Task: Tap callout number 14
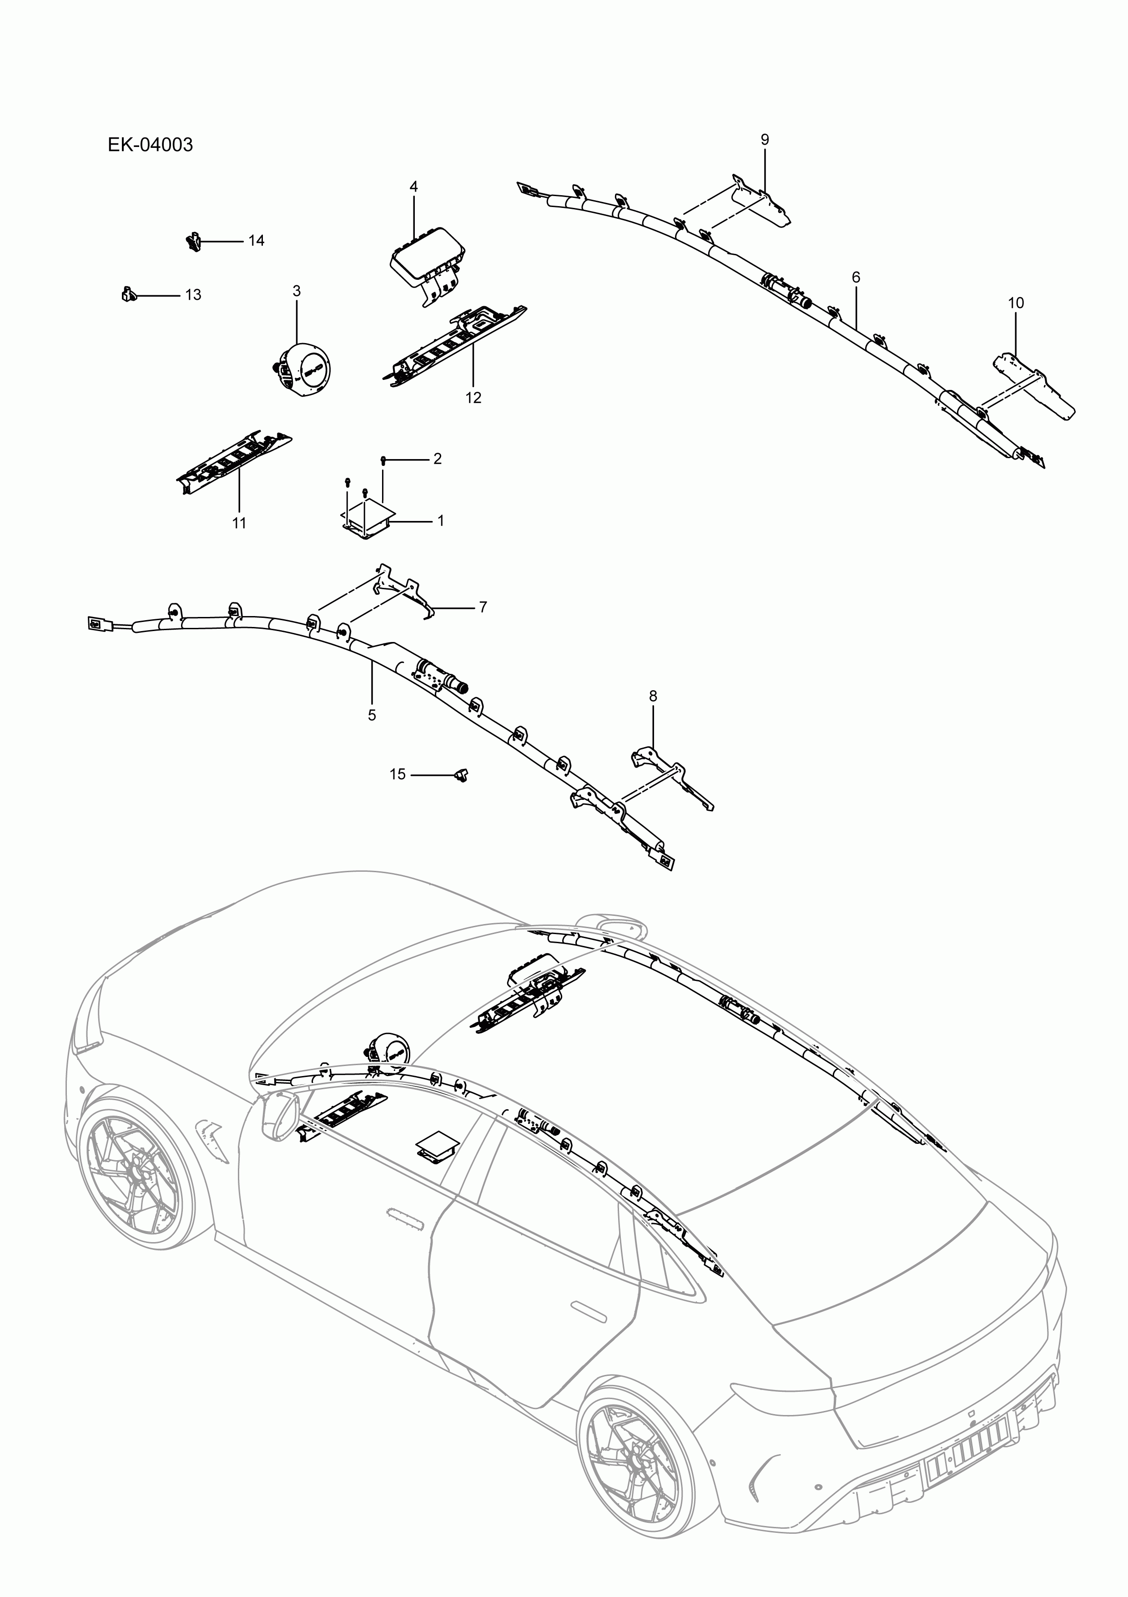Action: coord(257,241)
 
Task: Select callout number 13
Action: coord(193,295)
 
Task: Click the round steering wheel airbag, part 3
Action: coord(304,369)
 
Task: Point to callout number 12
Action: coord(473,398)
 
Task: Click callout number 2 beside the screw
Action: coord(438,459)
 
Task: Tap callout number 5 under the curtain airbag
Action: coord(372,715)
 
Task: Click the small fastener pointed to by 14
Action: coord(193,241)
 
